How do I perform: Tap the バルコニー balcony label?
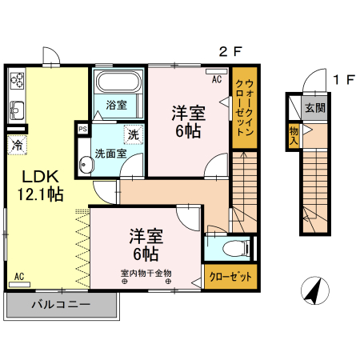pos(61,304)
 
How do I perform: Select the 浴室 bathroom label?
pos(117,104)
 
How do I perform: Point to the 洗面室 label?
pos(110,152)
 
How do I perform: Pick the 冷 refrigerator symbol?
pos(16,145)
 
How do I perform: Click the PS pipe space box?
pos(82,128)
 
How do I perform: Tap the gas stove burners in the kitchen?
pos(17,81)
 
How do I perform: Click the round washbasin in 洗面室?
pos(86,163)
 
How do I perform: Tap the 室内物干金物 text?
pos(146,272)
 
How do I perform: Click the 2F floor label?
pos(230,53)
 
